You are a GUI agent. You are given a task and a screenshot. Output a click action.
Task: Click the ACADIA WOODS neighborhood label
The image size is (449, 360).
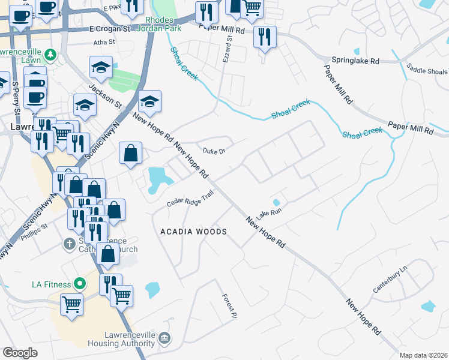point(193,232)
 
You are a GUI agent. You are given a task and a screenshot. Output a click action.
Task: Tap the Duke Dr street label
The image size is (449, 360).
point(213,151)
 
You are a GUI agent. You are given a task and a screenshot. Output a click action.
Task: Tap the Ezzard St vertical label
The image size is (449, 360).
point(229,46)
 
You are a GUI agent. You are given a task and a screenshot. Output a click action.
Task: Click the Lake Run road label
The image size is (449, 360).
point(269,211)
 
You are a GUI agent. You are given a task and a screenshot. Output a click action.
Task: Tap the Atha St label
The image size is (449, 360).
point(104,43)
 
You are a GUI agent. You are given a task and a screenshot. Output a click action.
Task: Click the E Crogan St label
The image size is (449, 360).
point(109,28)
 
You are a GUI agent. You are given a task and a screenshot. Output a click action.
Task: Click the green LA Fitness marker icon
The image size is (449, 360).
point(79,283)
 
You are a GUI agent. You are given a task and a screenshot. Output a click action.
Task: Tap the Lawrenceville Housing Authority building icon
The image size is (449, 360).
point(163,340)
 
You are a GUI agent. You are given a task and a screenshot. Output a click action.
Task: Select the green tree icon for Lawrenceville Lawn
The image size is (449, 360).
point(51,55)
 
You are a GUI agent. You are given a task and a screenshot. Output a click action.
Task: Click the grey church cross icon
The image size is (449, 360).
point(70,244)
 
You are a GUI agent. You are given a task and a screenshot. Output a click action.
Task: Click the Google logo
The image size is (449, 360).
point(20,353)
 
